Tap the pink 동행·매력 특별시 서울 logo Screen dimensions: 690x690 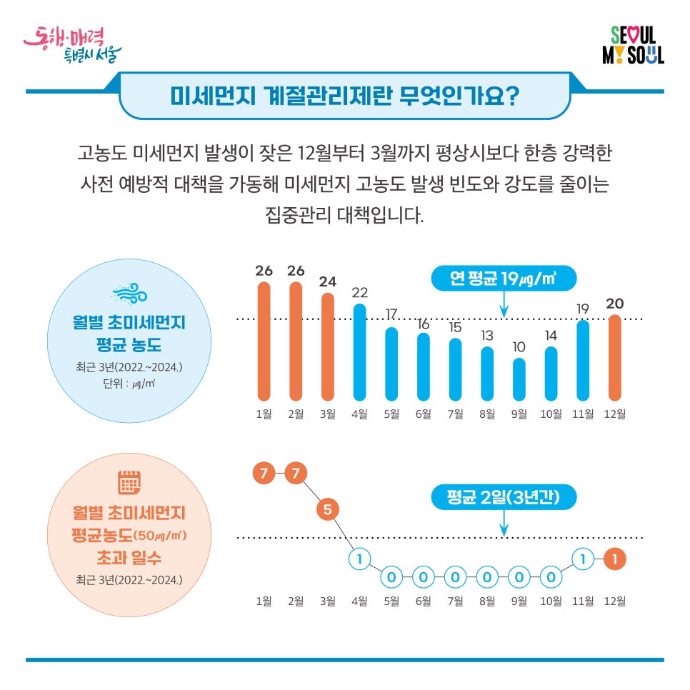[x=72, y=44]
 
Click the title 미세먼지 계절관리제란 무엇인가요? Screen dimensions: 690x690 [x=344, y=95]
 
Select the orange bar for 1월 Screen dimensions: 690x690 [x=264, y=341]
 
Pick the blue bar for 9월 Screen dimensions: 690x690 [x=519, y=379]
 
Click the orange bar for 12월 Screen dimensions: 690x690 [x=615, y=357]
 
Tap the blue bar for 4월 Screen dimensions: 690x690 [x=360, y=351]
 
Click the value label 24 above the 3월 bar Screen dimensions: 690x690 [x=328, y=281]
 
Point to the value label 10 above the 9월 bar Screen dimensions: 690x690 [x=519, y=346]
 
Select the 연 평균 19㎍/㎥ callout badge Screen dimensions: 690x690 [x=504, y=278]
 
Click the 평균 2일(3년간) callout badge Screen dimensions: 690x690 [x=504, y=497]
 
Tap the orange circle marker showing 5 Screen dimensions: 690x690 [x=328, y=510]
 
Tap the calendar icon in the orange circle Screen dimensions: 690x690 [x=129, y=484]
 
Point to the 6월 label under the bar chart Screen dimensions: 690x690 [x=424, y=414]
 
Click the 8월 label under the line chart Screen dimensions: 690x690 [x=487, y=601]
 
